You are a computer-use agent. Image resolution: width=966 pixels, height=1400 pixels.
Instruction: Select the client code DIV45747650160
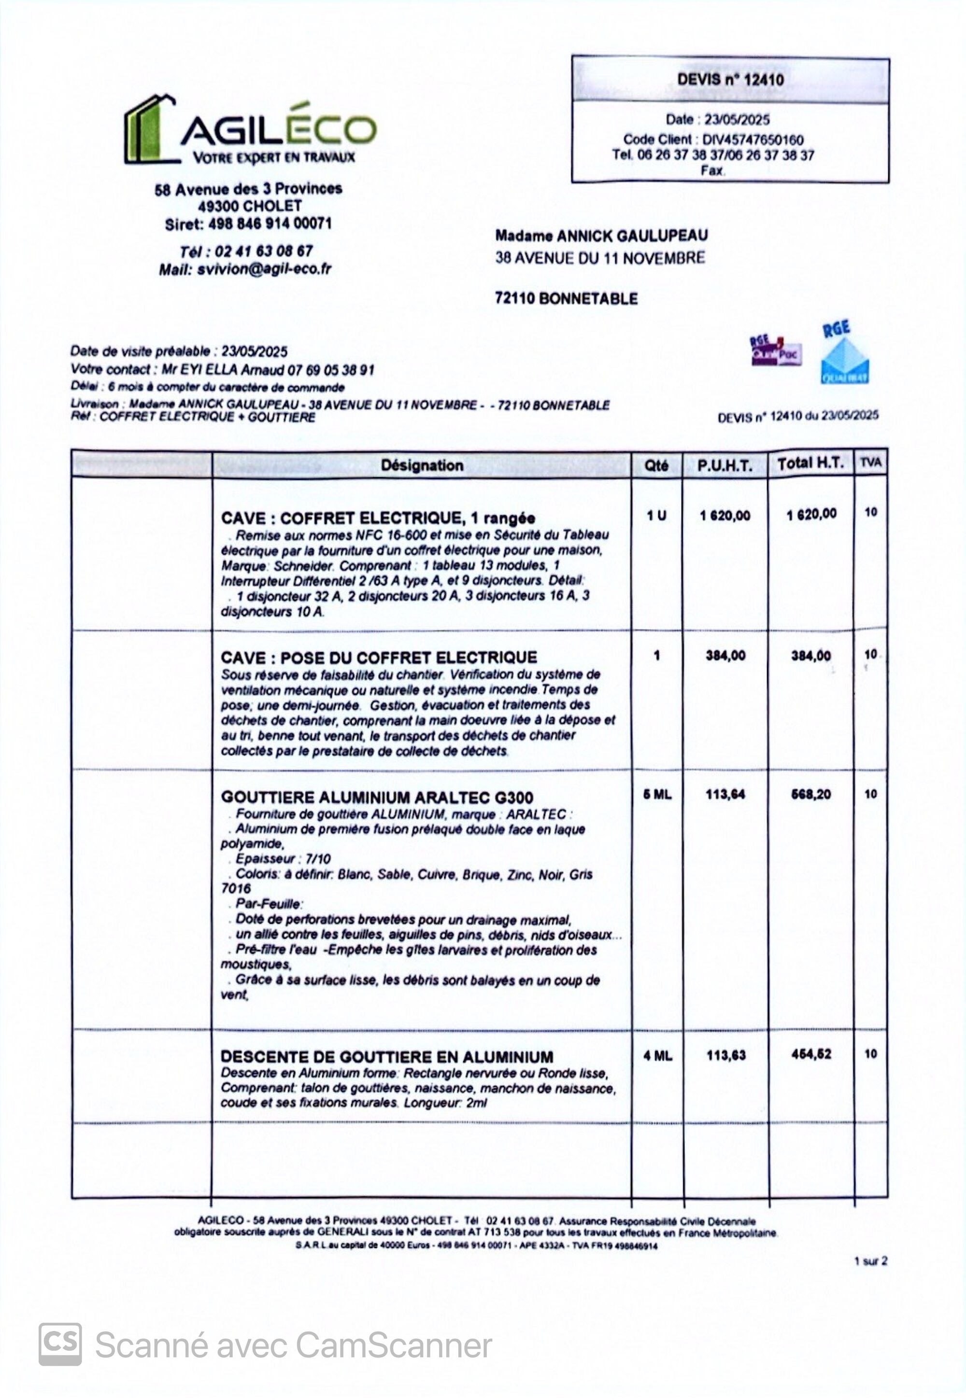click(x=753, y=140)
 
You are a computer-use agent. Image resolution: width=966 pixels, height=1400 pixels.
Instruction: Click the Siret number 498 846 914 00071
click(x=270, y=224)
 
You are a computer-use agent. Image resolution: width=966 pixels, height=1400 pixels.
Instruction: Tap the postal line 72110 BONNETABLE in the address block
click(x=566, y=298)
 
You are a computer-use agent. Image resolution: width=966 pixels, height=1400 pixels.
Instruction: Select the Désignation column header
click(x=422, y=465)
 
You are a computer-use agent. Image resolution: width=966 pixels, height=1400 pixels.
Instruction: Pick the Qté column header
click(x=656, y=465)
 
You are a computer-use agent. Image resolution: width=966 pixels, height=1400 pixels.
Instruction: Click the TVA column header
click(x=870, y=463)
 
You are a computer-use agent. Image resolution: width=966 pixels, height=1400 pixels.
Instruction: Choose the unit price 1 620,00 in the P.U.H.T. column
click(x=724, y=516)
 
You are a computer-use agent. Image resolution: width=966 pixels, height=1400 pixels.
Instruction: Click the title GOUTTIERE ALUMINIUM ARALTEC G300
click(x=376, y=798)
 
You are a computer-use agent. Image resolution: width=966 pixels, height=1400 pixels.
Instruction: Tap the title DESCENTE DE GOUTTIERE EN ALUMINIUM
click(x=386, y=1057)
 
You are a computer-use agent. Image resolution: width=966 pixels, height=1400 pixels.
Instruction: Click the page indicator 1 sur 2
click(x=870, y=1261)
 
